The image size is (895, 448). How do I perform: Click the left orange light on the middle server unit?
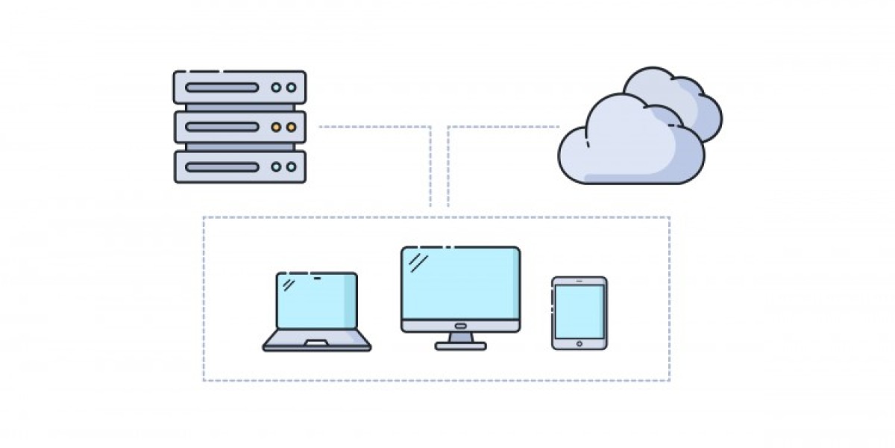coord(277,127)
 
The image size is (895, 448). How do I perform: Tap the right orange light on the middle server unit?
coord(291,127)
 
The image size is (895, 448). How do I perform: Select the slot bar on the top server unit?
coord(222,87)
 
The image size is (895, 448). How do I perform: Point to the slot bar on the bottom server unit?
coord(222,167)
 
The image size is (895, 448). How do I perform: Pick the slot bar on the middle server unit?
coord(222,127)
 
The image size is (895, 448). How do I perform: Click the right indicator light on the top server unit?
coord(291,87)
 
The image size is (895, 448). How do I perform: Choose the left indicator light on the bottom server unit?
coord(277,167)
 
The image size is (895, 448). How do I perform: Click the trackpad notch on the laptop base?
coord(316,343)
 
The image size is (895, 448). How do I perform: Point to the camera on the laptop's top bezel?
coord(317,278)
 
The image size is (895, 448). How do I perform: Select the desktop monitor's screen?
coord(460,284)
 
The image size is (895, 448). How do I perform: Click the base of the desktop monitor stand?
coord(460,346)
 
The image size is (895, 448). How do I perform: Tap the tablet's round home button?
coord(580,343)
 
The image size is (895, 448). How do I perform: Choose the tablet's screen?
coord(580,311)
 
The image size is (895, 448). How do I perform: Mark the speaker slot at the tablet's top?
coord(580,282)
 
